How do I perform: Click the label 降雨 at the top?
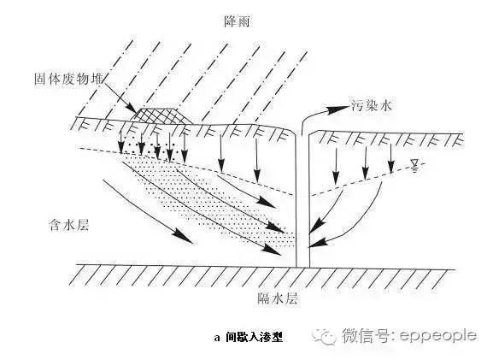(x=238, y=21)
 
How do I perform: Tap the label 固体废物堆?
(x=69, y=79)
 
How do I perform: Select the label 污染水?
(x=372, y=105)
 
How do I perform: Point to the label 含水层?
(x=68, y=225)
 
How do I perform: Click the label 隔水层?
(x=278, y=298)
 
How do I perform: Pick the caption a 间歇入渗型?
(x=249, y=338)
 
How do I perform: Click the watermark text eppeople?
(x=437, y=335)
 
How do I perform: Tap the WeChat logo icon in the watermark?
(x=325, y=336)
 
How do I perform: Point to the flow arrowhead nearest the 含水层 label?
(x=183, y=238)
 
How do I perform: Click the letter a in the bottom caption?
(x=217, y=339)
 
